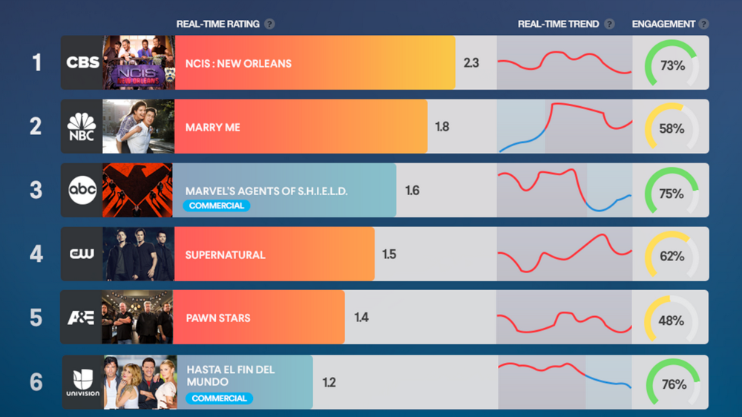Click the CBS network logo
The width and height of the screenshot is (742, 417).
pyautogui.click(x=82, y=62)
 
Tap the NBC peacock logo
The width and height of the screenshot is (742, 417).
pyautogui.click(x=82, y=126)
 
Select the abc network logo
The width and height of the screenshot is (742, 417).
pyautogui.click(x=82, y=191)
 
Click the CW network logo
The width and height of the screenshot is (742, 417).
pyautogui.click(x=82, y=255)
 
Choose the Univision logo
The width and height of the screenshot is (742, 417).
pyautogui.click(x=82, y=382)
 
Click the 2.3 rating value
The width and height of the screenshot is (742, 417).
pyautogui.click(x=470, y=63)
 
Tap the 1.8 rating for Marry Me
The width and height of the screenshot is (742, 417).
pyautogui.click(x=441, y=127)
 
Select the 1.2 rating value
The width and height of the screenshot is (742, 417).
pyautogui.click(x=329, y=383)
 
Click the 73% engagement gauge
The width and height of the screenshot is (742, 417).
pyautogui.click(x=672, y=65)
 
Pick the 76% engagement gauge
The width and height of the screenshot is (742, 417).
pyautogui.click(x=672, y=384)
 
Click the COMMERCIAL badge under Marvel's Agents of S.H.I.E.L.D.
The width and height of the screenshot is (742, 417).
pyautogui.click(x=217, y=206)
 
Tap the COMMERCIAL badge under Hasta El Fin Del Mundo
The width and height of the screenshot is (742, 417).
pyautogui.click(x=219, y=398)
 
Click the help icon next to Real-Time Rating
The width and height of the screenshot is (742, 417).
pyautogui.click(x=269, y=24)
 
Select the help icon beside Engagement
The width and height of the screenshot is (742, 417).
pyautogui.click(x=703, y=24)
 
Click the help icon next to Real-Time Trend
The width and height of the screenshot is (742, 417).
pyautogui.click(x=609, y=24)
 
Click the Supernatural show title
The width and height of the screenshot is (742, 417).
pyautogui.click(x=225, y=255)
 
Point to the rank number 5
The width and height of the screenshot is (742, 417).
pyautogui.click(x=36, y=318)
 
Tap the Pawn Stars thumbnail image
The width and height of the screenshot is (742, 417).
pyautogui.click(x=137, y=318)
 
